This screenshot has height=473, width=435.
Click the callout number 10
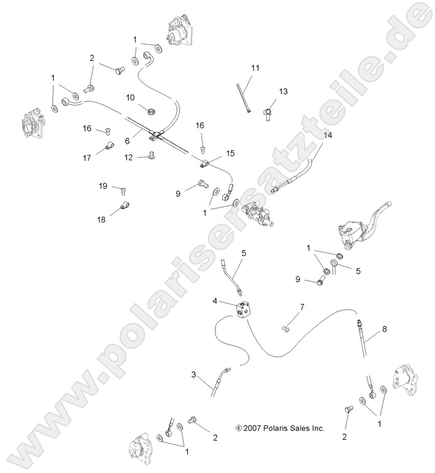130,97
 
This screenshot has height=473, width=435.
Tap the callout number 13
283,91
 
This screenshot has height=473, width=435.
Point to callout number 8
384,329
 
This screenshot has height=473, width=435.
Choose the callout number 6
127,141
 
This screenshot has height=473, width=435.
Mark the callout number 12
129,157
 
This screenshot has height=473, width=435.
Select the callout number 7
302,305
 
